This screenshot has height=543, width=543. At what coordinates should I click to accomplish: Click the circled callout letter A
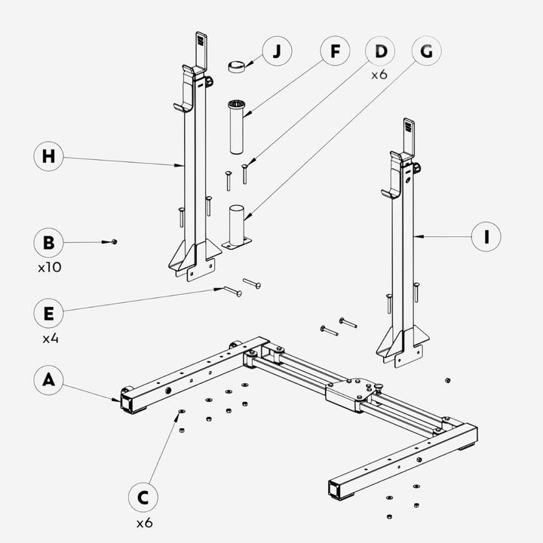coord(49,381)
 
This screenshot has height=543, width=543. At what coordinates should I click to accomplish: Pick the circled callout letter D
coord(381,52)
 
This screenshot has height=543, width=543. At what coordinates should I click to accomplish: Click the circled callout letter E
coord(49,311)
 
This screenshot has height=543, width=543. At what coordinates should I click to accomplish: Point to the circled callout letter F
coord(334,52)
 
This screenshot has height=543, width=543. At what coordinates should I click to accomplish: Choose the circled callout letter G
coord(426,52)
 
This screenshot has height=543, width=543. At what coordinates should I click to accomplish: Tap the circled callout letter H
coord(49,156)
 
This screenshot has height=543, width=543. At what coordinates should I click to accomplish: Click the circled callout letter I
coord(487,237)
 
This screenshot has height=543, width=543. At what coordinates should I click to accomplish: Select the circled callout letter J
coord(278,52)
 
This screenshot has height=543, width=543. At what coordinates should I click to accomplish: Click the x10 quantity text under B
coord(49,268)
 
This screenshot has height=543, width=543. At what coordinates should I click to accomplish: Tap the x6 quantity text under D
coord(380,76)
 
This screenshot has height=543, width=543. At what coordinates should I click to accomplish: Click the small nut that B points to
coord(112,241)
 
